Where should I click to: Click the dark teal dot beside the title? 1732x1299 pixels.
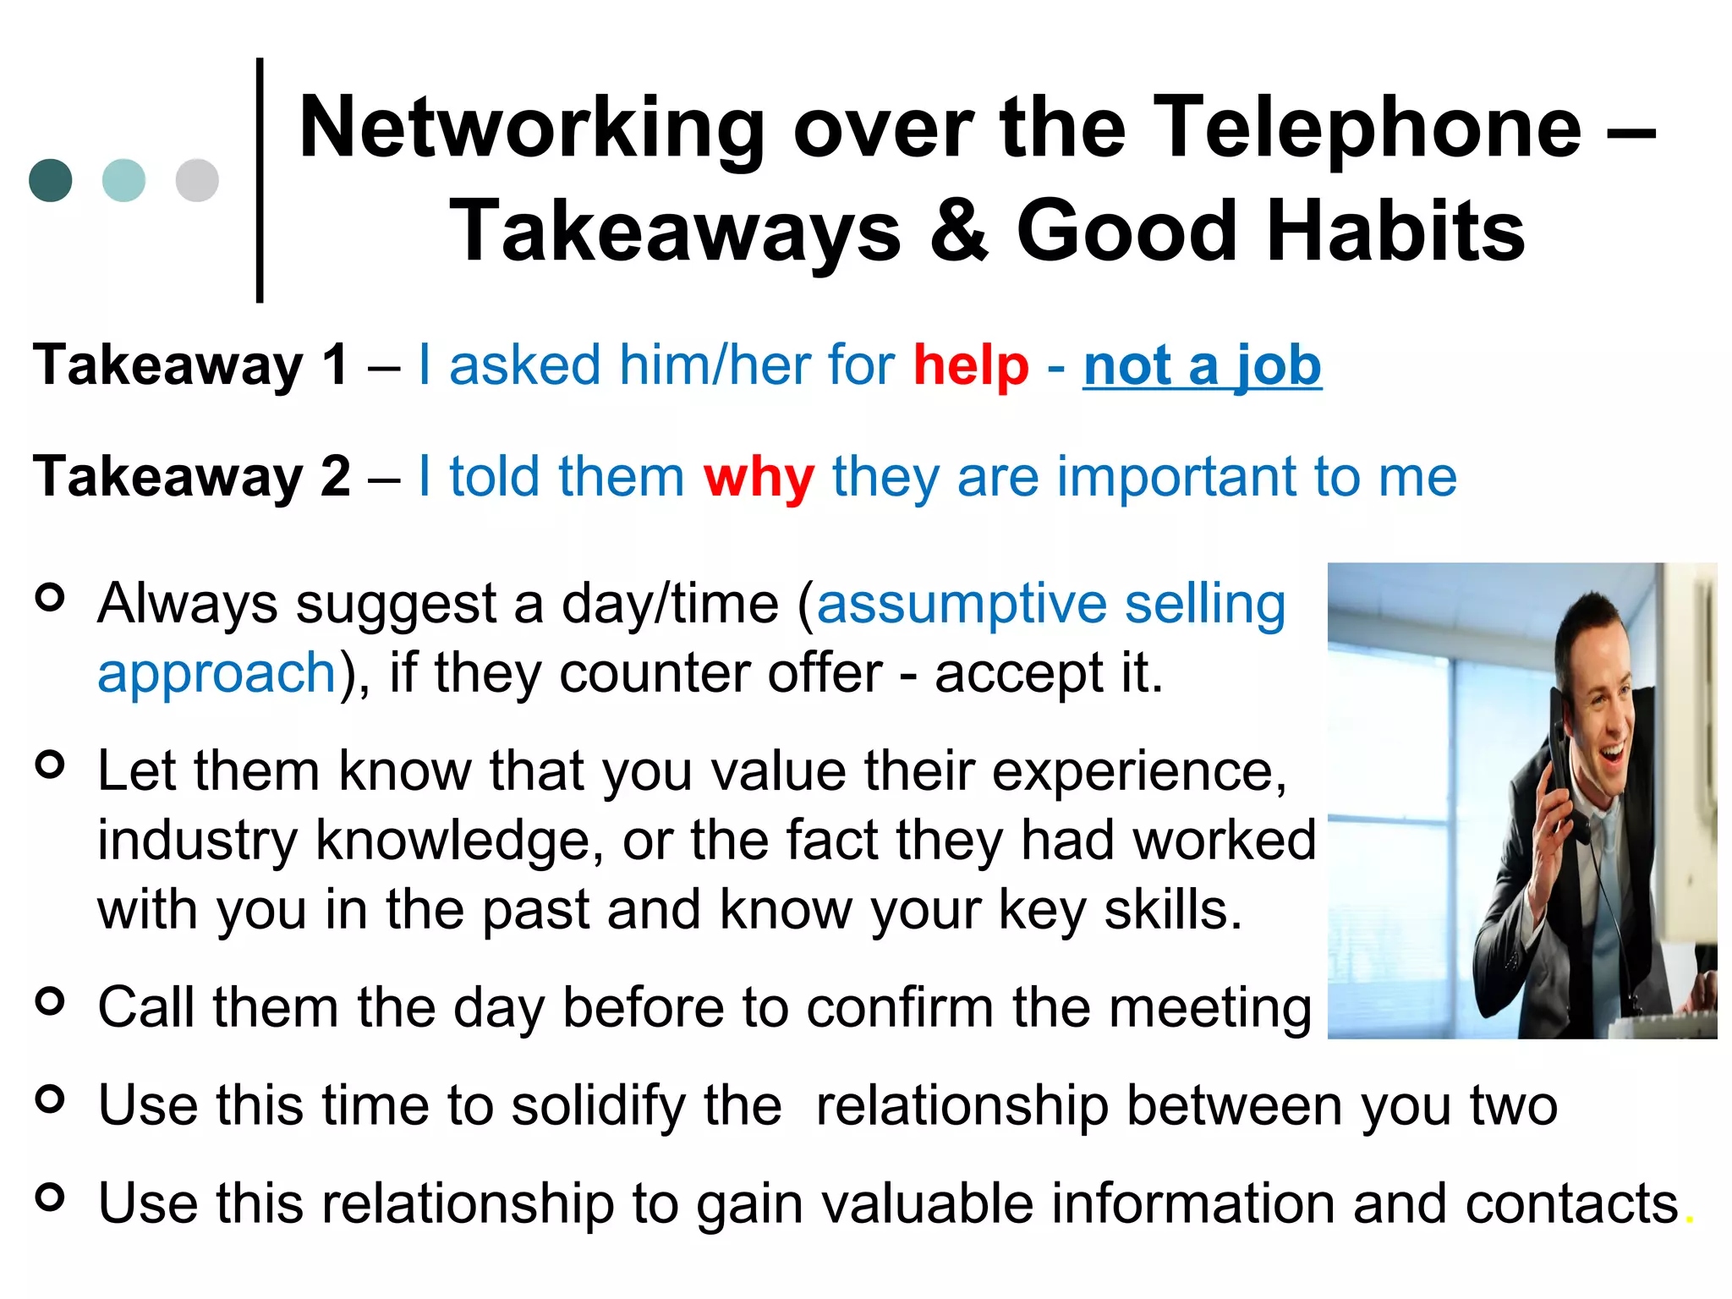coord(51,180)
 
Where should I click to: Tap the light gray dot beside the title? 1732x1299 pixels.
coord(197,180)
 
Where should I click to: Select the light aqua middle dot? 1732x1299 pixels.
coord(123,180)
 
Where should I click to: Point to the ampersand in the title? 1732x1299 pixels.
coord(958,231)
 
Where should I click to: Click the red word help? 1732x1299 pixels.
coord(971,365)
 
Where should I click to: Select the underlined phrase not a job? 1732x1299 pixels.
coord(1202,365)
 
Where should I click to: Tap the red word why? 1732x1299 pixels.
coord(759,477)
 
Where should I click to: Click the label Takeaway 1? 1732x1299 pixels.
coord(190,365)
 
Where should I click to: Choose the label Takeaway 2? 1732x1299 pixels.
coord(191,477)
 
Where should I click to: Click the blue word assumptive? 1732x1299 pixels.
coord(961,606)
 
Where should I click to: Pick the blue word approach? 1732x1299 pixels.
coord(217,674)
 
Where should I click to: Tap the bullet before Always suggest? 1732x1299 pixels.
coord(51,598)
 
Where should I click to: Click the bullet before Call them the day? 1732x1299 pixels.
coord(51,1001)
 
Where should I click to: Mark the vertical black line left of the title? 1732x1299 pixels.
coord(260,180)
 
